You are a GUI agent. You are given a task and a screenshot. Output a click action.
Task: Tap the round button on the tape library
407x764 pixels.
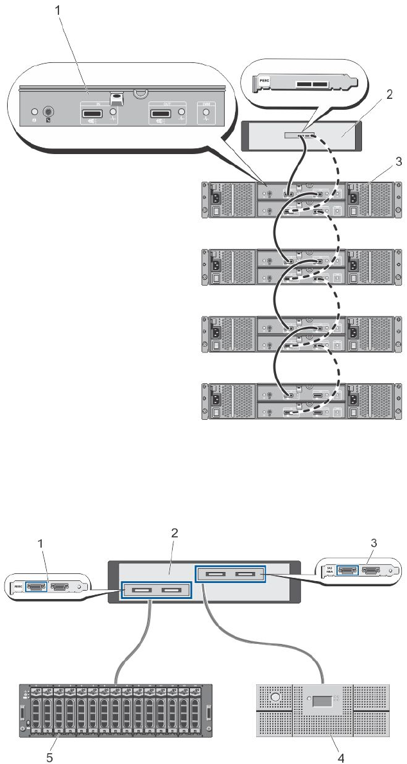click(x=276, y=697)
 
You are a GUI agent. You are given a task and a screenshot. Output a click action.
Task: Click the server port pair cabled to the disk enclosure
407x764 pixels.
click(x=156, y=589)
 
